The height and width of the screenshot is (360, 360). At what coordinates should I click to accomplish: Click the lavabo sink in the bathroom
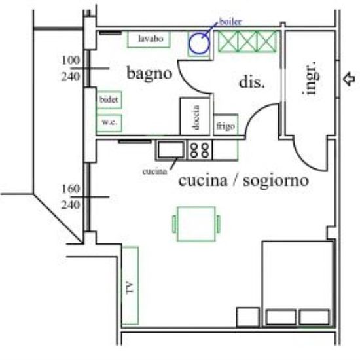[149, 39]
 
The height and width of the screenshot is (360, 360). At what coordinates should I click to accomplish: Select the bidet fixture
[109, 100]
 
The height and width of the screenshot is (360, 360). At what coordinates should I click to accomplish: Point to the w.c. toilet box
[109, 123]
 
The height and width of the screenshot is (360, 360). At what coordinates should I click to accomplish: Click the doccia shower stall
[196, 117]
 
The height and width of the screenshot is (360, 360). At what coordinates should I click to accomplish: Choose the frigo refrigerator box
[226, 125]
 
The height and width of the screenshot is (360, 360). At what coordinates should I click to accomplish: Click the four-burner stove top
[200, 151]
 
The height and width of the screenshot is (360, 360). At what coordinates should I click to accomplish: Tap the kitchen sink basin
[171, 149]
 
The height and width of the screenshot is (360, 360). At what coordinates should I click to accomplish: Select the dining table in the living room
[196, 224]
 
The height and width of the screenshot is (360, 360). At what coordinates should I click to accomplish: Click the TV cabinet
[130, 286]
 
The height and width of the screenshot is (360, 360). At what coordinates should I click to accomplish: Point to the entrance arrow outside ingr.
[349, 79]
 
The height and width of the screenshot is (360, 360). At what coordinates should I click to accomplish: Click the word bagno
[149, 74]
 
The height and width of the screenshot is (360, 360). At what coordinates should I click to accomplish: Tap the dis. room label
[251, 82]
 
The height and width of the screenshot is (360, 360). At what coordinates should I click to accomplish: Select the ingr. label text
[310, 78]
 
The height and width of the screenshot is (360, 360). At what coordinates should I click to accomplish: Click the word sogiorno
[276, 181]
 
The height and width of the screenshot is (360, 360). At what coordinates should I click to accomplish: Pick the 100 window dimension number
[71, 60]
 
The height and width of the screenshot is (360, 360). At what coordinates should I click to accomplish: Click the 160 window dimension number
[71, 189]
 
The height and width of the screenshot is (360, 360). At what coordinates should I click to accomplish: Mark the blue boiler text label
[230, 22]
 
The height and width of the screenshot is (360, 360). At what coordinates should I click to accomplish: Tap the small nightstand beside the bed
[248, 317]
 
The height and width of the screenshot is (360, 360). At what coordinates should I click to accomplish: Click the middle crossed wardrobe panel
[247, 42]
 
